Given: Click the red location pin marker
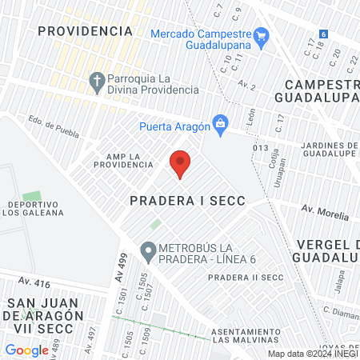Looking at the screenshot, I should pyautogui.click(x=180, y=163).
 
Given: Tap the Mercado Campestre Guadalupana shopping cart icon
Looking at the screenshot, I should pyautogui.click(x=261, y=36).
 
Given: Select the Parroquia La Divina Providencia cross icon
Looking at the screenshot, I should pyautogui.click(x=96, y=82).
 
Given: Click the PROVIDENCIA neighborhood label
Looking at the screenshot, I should pyautogui.click(x=85, y=31).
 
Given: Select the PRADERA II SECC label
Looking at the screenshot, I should pyautogui.click(x=245, y=278).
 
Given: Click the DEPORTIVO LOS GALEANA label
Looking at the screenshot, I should pyautogui.click(x=36, y=207).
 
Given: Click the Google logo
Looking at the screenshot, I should pyautogui.click(x=26, y=350).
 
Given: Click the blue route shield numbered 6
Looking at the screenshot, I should pyautogui.click(x=323, y=34).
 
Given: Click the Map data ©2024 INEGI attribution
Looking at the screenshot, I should pyautogui.click(x=312, y=354).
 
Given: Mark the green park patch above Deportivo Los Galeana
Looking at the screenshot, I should pyautogui.click(x=32, y=196).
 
